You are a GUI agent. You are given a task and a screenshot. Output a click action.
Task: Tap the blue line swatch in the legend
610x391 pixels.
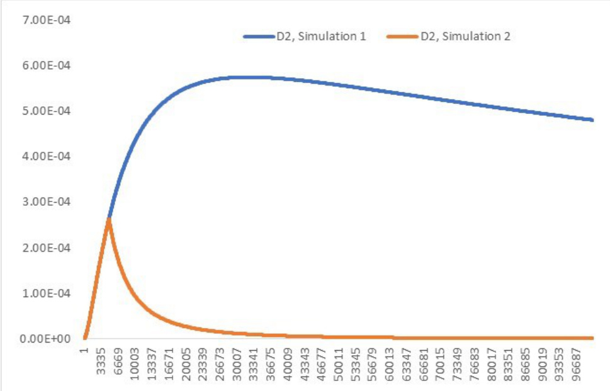259,37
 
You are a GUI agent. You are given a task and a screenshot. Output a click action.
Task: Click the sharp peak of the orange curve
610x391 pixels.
109,218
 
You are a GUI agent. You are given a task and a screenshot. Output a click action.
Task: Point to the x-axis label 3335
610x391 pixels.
101,363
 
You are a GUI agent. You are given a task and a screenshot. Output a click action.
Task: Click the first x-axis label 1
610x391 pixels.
84,351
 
